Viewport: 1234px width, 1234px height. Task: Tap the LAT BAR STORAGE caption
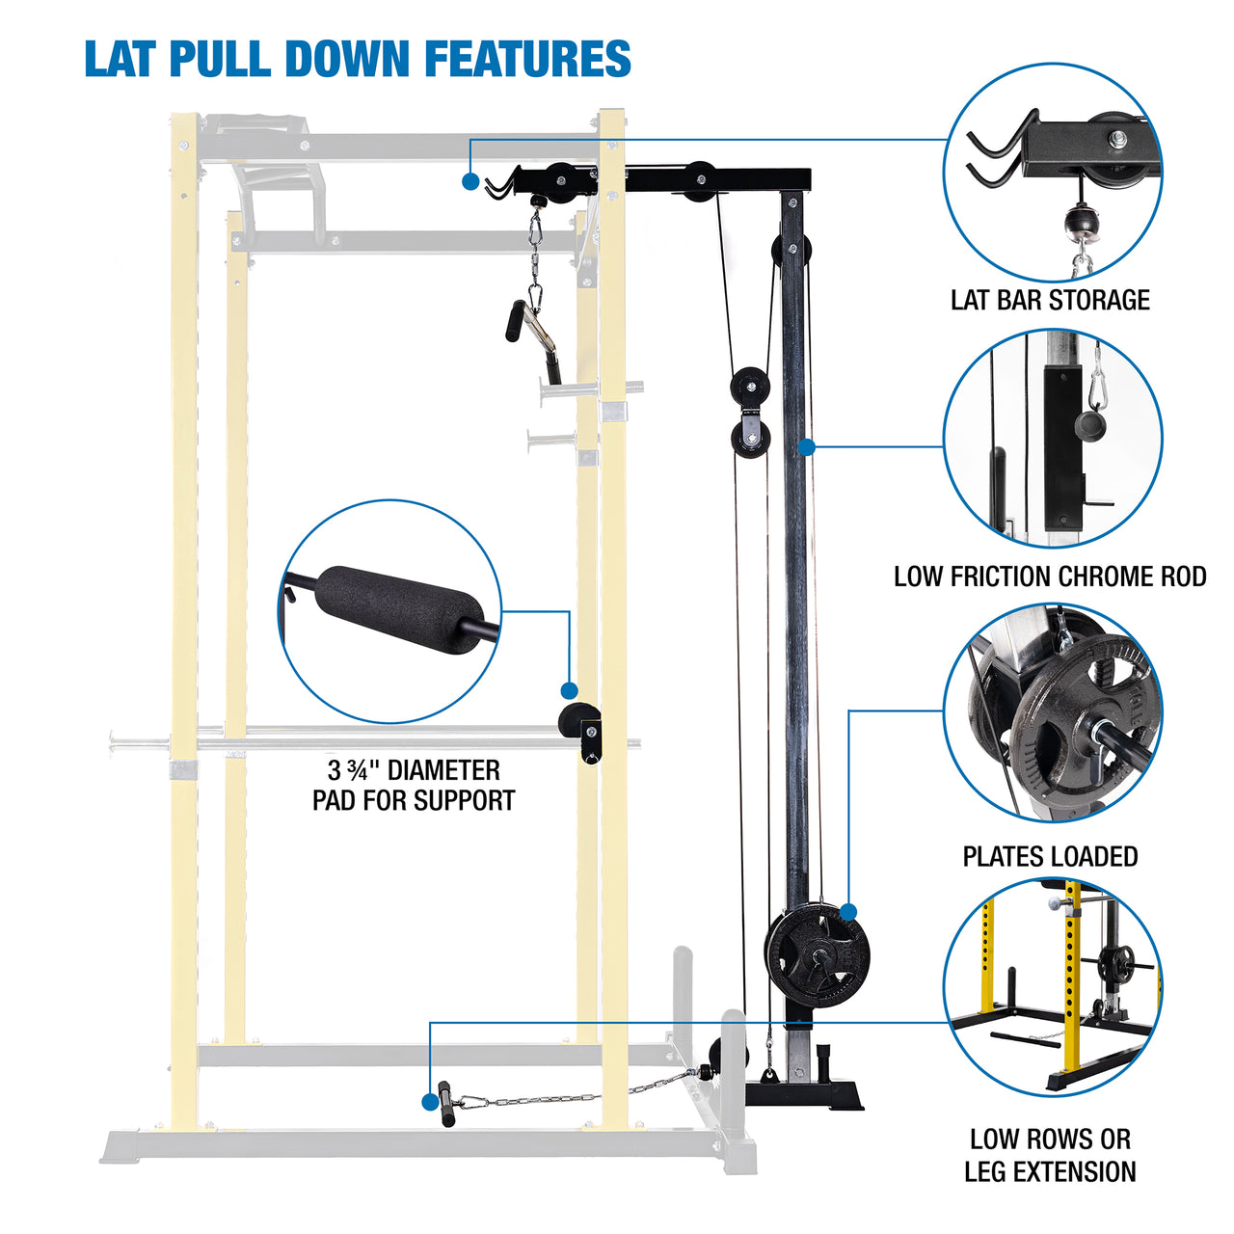1050,300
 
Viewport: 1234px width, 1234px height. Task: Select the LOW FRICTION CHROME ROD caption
1050,577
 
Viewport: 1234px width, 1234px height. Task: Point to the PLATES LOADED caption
1050,856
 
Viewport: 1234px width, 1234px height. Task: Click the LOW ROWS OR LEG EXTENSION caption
1050,1155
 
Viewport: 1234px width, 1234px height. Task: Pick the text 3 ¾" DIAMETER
414,770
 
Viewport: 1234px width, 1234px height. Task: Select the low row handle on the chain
446,1104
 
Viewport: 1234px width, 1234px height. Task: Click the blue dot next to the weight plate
848,912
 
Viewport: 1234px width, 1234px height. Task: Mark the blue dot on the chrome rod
807,446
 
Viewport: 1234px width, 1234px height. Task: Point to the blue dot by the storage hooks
470,180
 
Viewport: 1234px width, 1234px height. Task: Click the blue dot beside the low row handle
429,1099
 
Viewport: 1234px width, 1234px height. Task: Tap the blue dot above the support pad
569,690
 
